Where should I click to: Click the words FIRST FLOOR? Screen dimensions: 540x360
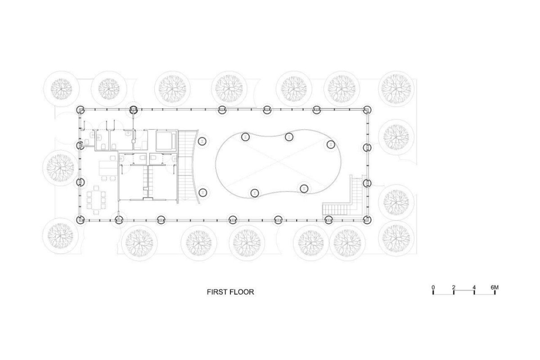click(x=230, y=292)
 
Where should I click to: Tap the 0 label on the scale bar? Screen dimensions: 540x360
click(x=433, y=288)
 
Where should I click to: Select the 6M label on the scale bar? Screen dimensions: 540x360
click(x=495, y=288)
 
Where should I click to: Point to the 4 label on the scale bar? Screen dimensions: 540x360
click(x=474, y=288)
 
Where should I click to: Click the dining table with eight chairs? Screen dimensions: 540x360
click(x=96, y=200)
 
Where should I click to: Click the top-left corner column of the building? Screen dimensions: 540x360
click(x=80, y=110)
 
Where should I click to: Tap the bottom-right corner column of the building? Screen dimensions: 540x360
click(x=367, y=220)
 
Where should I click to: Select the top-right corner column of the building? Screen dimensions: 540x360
click(x=367, y=110)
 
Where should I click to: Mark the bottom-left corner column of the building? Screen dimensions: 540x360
click(x=80, y=220)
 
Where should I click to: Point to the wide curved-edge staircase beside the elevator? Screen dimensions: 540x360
click(x=188, y=166)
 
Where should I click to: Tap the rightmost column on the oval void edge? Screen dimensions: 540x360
click(x=331, y=144)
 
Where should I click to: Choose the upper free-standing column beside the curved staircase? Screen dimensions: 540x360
click(x=202, y=141)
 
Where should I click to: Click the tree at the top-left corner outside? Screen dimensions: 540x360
click(x=61, y=89)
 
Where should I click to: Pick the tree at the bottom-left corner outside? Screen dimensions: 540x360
click(x=60, y=236)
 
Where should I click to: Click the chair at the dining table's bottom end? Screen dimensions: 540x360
click(x=96, y=212)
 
